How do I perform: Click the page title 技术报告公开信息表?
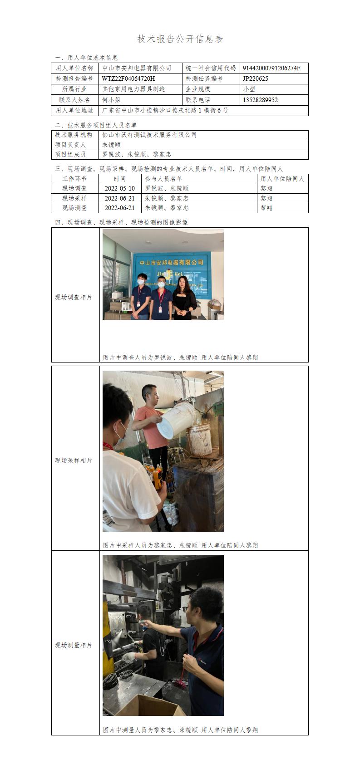180,39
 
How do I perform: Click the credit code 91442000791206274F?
271,69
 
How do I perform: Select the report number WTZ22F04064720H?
128,78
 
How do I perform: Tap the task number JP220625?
255,78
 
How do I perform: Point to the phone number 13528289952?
260,100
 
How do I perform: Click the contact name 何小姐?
111,100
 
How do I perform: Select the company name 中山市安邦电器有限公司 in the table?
137,69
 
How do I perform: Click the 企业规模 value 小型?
249,89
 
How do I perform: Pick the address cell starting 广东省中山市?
165,110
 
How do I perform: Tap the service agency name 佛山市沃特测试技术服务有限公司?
149,135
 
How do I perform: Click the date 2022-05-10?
119,188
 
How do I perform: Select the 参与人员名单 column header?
163,179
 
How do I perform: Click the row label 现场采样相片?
74,460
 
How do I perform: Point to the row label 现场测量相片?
74,645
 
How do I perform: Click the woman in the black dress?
184,298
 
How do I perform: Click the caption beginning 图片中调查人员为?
180,358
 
